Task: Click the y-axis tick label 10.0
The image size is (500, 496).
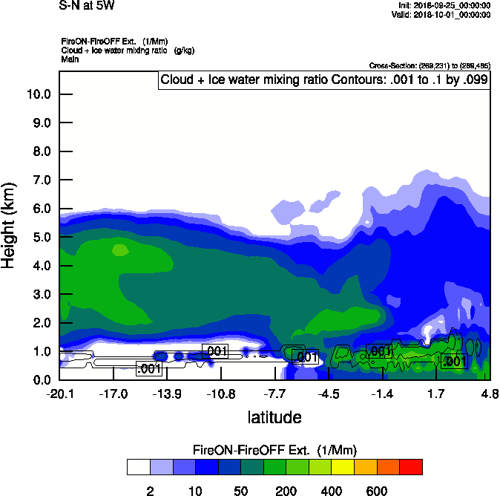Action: (38, 94)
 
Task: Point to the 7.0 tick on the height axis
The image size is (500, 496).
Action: (41, 180)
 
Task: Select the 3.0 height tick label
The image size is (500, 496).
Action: (41, 295)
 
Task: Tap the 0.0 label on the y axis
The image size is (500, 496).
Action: (41, 380)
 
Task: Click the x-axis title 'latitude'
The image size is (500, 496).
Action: (274, 417)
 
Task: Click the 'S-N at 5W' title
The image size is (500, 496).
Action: (87, 6)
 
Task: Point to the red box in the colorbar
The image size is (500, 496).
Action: (411, 467)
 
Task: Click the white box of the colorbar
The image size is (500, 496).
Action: (138, 467)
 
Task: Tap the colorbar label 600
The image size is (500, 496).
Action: (377, 491)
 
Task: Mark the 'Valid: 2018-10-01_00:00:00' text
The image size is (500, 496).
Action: (441, 14)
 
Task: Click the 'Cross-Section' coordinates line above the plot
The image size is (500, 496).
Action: (429, 66)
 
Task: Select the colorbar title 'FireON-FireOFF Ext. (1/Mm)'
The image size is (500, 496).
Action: (274, 450)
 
